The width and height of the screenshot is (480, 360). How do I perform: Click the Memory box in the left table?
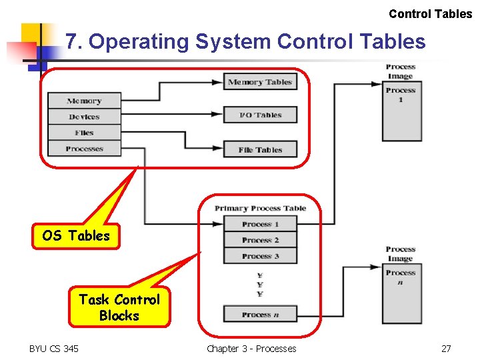[84, 101]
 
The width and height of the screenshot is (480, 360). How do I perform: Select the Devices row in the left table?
[84, 117]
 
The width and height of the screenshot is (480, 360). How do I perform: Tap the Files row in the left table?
[84, 133]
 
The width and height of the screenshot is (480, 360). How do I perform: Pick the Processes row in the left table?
[84, 149]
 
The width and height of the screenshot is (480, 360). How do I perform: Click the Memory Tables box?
[260, 83]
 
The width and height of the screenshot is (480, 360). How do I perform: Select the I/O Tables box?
[260, 115]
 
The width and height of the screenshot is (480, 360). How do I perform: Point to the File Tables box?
[260, 150]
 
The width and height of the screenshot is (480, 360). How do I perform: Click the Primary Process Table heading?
[260, 209]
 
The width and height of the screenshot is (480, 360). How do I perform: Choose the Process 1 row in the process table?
[260, 225]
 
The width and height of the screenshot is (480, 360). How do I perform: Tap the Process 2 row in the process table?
[260, 240]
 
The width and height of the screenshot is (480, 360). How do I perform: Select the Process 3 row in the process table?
[260, 256]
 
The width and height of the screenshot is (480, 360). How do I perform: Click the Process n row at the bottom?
[260, 315]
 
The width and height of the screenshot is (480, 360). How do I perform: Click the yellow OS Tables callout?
[76, 236]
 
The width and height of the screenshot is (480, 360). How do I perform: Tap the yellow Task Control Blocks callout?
[119, 307]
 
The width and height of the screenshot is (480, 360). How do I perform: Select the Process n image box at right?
[400, 293]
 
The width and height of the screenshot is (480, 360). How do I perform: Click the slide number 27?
[446, 349]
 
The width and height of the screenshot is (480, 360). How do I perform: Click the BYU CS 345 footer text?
[53, 349]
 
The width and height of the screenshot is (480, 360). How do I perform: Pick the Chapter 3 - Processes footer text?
[251, 349]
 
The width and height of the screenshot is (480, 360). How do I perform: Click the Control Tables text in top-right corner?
[430, 14]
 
